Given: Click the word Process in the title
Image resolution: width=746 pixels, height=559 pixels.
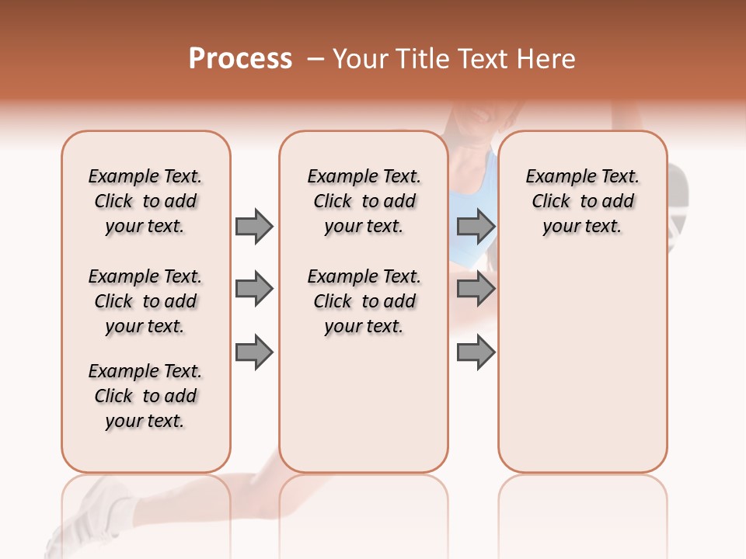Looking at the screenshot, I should [x=240, y=59].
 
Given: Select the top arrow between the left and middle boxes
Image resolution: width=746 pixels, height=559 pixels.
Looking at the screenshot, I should [x=254, y=226].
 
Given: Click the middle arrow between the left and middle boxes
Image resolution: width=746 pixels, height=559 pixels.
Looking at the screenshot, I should [x=254, y=289].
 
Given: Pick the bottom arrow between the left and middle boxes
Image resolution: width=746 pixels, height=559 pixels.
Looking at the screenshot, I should [x=254, y=352].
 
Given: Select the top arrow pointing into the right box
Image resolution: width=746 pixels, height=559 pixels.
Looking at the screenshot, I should [x=476, y=226].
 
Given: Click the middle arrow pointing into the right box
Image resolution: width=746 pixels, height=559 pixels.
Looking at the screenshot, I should [x=476, y=289].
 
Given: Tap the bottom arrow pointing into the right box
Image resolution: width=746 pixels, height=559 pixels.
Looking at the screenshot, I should [x=476, y=352].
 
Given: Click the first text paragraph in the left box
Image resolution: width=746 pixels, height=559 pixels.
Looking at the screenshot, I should [x=145, y=201].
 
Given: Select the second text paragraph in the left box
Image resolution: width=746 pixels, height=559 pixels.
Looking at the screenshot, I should [x=145, y=301].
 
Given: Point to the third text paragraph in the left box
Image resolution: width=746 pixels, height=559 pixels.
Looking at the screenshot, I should [x=145, y=396].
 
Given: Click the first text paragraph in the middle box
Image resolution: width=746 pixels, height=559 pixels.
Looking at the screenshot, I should [x=364, y=201].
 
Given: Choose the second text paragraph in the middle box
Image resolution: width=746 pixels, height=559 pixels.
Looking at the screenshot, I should [x=364, y=301].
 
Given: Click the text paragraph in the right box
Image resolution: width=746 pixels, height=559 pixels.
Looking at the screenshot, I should [x=582, y=201].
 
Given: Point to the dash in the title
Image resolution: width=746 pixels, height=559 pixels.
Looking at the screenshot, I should [x=315, y=60].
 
